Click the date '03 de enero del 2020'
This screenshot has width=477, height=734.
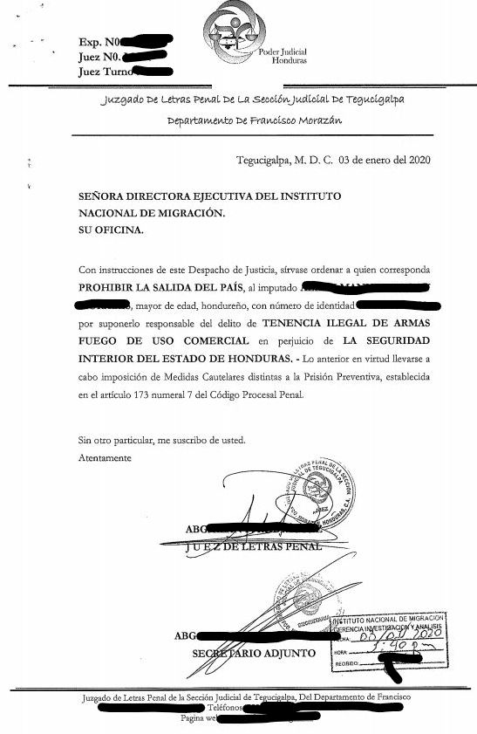tap(384, 160)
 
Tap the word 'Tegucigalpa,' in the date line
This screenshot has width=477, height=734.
tap(263, 160)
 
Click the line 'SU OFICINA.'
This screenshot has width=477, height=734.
tap(108, 230)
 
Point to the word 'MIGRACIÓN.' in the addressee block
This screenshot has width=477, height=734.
tap(191, 214)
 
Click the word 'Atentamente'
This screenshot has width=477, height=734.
tap(105, 456)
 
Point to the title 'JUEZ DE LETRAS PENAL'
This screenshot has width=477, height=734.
tap(254, 547)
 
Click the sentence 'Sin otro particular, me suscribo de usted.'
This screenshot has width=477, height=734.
tap(161, 440)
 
